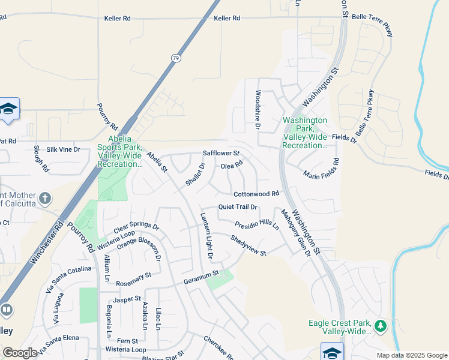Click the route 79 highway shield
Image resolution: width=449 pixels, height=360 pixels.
tap(175, 58)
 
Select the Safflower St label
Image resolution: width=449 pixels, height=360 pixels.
tap(221, 154)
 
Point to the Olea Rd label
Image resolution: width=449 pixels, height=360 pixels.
tap(232, 165)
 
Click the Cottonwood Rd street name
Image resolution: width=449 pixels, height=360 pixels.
tap(256, 194)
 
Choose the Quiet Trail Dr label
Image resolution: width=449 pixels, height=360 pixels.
tap(238, 207)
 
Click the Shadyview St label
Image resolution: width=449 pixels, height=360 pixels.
tap(248, 245)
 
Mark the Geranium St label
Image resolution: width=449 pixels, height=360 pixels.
tap(201, 278)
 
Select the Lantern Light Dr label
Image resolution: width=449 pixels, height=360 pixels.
tap(207, 236)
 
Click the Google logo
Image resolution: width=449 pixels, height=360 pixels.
tap(20, 353)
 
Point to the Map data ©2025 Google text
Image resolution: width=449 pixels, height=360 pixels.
tap(412, 355)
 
